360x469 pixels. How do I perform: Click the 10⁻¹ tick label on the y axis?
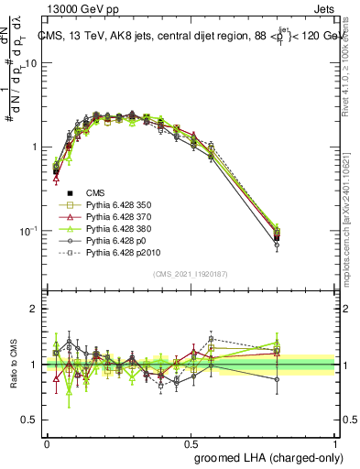[x=30, y=231]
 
